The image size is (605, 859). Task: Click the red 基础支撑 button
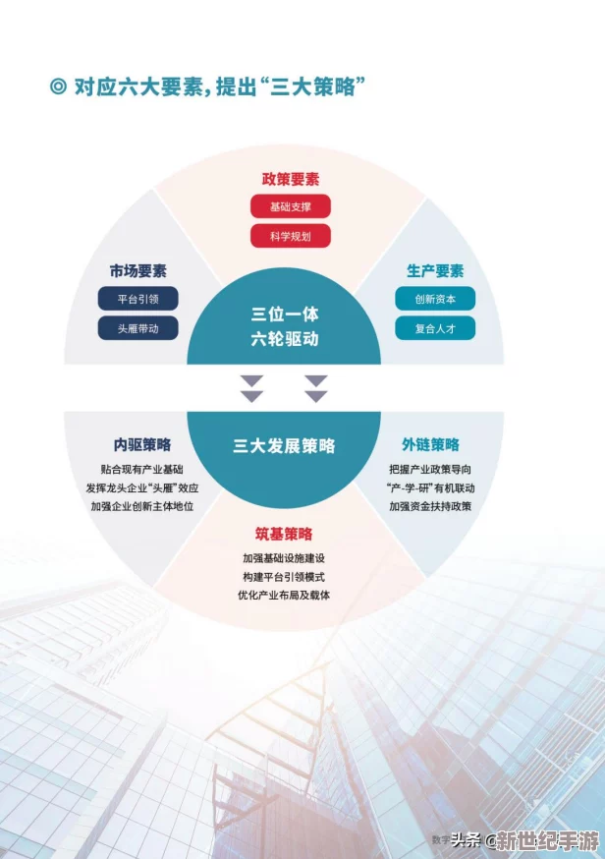290,206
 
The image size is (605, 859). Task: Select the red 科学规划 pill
290,236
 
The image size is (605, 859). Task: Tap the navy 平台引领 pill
137,299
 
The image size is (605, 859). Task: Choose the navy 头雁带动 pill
137,328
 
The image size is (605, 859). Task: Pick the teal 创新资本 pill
435,299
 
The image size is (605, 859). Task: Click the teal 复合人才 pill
435,328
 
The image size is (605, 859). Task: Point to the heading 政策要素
290,179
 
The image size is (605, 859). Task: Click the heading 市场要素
137,270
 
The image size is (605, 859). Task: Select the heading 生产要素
435,270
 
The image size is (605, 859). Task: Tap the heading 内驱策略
142,444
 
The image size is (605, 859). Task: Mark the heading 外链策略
430,444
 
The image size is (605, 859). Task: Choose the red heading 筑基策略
284,534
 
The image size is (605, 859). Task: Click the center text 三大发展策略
284,446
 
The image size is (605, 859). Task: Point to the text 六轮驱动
285,338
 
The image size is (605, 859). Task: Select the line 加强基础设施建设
284,558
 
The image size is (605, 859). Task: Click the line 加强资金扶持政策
430,506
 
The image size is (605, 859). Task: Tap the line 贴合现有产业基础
141,470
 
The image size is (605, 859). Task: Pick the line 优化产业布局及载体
284,595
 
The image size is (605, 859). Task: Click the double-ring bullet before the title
58,86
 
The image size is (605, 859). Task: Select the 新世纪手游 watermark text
547,839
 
